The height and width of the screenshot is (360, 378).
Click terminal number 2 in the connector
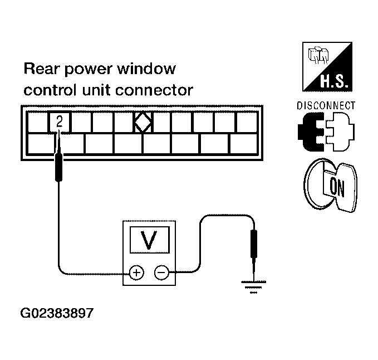[x=60, y=121]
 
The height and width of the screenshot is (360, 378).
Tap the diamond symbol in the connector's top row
[x=143, y=122]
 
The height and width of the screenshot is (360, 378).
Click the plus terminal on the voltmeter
[x=137, y=273]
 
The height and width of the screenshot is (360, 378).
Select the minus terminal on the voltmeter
[x=161, y=273]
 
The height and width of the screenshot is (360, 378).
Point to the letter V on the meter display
[x=149, y=240]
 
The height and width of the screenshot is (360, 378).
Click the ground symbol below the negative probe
[x=254, y=287]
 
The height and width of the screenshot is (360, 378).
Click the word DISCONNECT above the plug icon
[x=326, y=106]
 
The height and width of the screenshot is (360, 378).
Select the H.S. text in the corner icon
[x=334, y=81]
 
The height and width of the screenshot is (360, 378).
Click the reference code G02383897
[x=57, y=313]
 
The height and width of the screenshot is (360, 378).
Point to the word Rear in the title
[x=41, y=69]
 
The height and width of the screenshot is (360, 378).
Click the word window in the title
[x=146, y=69]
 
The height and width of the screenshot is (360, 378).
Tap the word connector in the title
[x=154, y=90]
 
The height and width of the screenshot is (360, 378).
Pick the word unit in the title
[x=97, y=90]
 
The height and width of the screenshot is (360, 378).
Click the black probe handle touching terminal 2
[x=59, y=167]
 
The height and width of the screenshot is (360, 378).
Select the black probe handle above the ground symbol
[x=254, y=244]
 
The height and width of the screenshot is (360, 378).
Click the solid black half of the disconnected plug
[x=311, y=132]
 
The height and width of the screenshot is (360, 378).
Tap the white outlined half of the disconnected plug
[x=340, y=132]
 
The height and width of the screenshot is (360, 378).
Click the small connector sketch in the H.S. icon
[x=318, y=55]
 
